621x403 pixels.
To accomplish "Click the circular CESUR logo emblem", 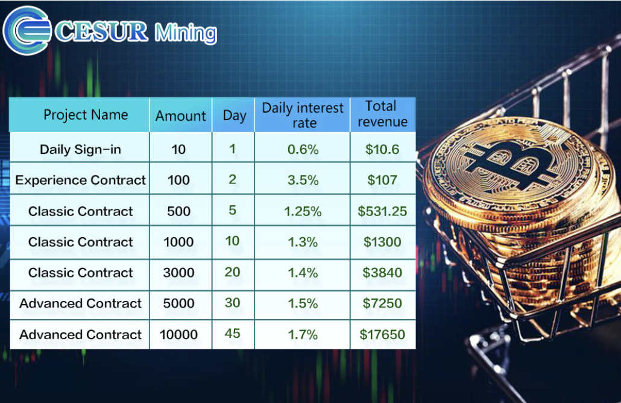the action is pos(27,30).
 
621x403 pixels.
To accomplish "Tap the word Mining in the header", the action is pos(186,33).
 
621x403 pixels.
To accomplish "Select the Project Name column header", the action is pos(86,115).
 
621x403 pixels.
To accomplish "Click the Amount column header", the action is pos(181,116).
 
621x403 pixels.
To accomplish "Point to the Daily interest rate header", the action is pos(303,115).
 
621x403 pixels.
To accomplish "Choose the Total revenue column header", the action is pos(382,114).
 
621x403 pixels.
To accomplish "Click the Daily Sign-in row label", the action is pos(80,150).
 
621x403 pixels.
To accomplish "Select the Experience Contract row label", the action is pos(80,180).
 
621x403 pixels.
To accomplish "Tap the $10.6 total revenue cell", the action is pos(382,150).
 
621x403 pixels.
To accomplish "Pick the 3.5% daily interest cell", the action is pos(303,180).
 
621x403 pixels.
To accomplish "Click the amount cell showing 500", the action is pos(178,211).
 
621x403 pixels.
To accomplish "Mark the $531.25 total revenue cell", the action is pos(382,211).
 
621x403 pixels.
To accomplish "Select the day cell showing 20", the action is pos(233,272).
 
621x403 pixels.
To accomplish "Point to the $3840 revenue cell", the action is pos(382,273).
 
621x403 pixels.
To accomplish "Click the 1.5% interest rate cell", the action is pos(303,303).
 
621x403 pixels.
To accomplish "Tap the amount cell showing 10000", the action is pos(178,335).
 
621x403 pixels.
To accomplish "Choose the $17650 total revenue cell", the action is pos(382,335).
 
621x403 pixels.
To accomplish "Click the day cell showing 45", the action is pos(233,333).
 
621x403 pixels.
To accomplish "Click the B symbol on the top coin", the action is pos(511,165).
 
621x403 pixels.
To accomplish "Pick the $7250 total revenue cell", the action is pos(382,303).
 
